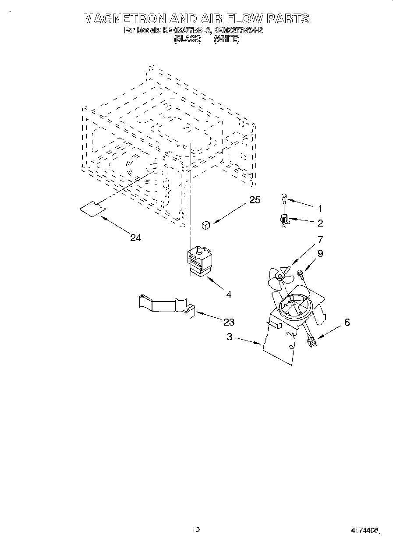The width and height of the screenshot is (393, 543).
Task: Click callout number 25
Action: (255, 200)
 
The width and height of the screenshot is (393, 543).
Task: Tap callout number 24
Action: (136, 238)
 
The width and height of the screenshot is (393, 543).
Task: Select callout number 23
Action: (229, 322)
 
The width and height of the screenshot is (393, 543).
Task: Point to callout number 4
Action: (228, 295)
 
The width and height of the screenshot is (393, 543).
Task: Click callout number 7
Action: (320, 239)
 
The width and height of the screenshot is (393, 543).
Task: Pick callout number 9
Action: (320, 253)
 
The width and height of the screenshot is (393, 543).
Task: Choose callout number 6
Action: (347, 322)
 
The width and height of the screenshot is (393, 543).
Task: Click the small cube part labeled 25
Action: (206, 225)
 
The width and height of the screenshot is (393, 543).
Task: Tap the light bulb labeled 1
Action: (284, 199)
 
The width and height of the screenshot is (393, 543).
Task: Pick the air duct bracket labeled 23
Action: (164, 304)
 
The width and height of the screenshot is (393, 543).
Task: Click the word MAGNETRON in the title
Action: (124, 18)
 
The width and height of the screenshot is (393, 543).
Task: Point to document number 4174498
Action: (364, 530)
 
